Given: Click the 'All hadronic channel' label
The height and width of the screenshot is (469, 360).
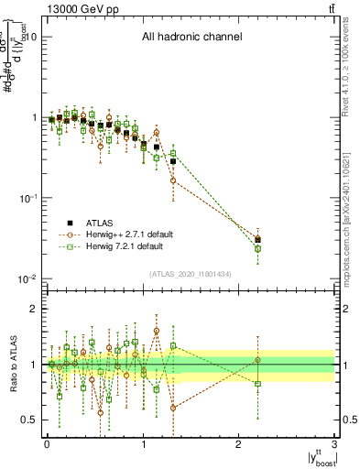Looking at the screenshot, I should click(191, 38).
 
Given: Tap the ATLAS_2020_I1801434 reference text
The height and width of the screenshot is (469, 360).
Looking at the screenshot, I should click(191, 273).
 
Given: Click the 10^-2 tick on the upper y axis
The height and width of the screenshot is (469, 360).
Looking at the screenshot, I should click(27, 278).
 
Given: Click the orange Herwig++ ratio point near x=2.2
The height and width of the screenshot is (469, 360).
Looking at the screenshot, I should click(258, 360).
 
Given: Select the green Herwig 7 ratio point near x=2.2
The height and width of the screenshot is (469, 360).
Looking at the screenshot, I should click(258, 384).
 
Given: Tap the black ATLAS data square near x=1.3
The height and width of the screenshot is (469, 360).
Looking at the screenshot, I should click(172, 161).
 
